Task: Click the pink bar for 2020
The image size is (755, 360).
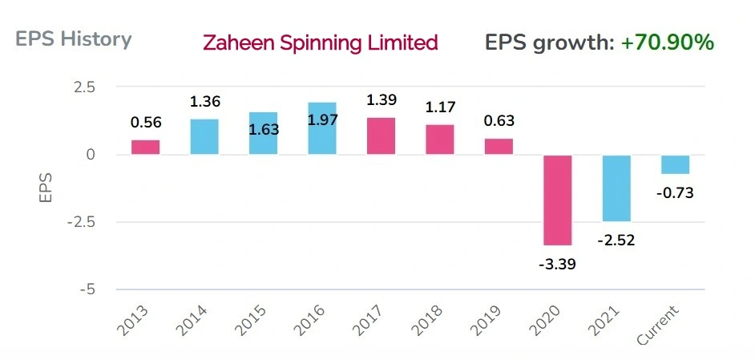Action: click(x=558, y=200)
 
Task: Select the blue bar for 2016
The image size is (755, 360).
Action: click(x=322, y=128)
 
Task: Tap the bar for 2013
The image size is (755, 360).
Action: click(x=145, y=148)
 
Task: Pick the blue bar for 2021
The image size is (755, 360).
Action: click(x=616, y=188)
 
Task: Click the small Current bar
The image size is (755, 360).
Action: click(x=676, y=164)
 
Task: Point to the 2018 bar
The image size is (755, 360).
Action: click(x=440, y=140)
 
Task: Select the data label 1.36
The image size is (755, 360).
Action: click(x=204, y=102)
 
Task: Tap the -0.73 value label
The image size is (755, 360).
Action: click(x=676, y=192)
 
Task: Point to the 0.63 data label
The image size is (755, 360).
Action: click(x=499, y=122)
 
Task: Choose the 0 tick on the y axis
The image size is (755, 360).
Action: click(x=90, y=155)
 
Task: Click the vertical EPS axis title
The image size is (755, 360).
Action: click(x=46, y=186)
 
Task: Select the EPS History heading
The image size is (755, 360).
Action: click(x=73, y=38)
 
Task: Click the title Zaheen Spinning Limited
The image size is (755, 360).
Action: click(x=321, y=42)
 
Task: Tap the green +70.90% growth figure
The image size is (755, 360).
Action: click(x=667, y=42)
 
